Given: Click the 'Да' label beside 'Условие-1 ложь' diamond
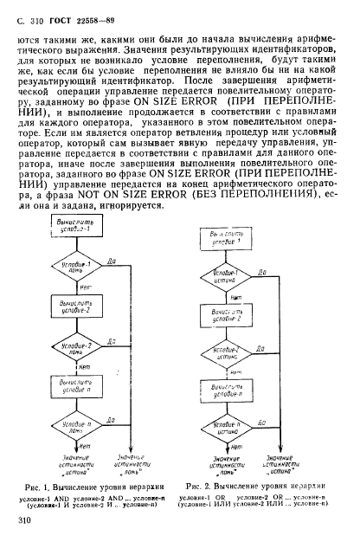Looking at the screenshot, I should tap(113, 258).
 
